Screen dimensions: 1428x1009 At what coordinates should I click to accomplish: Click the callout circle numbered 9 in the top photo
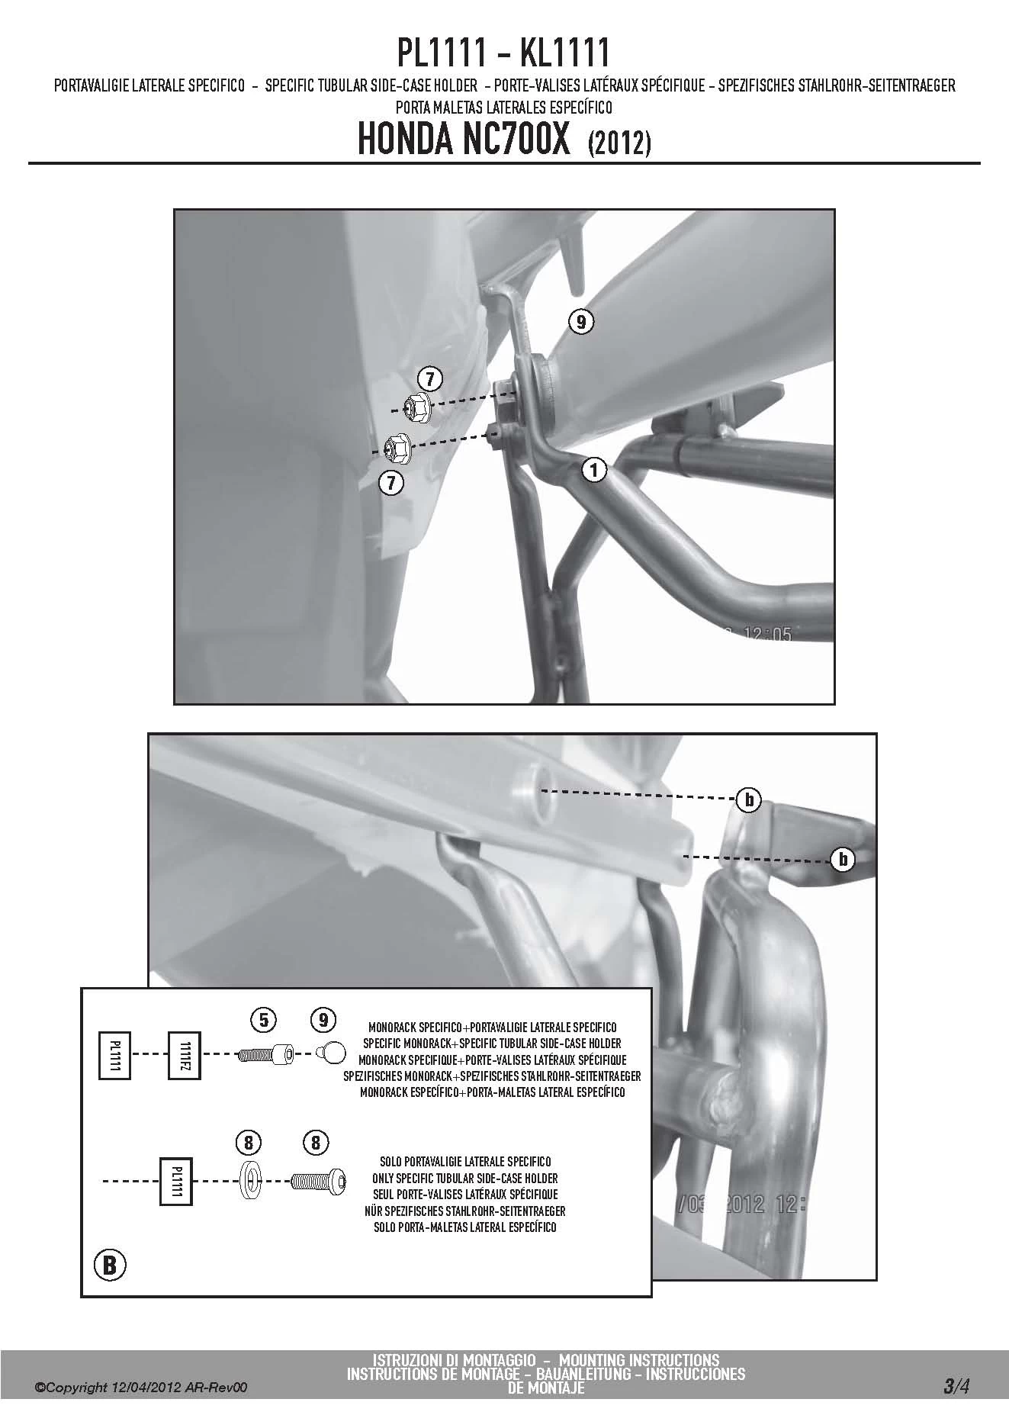pos(581,322)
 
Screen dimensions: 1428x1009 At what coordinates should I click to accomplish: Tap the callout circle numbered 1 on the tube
pos(594,471)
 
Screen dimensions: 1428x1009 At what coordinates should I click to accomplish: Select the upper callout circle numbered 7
pos(429,378)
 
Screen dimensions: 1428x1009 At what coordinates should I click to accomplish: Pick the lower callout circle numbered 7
pos(391,482)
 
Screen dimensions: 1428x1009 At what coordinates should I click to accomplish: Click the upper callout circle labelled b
pos(749,799)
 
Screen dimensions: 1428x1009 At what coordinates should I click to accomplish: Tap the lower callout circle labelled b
pos(843,860)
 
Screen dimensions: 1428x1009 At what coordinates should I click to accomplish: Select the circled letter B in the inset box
pos(109,1266)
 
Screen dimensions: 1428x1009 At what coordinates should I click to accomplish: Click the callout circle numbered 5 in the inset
pos(264,1018)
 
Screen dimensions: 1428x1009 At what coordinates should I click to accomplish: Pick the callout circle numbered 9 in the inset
pos(323,1018)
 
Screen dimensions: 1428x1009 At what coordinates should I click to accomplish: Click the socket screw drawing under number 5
pos(266,1053)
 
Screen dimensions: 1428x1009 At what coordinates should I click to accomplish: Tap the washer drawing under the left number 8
pos(249,1182)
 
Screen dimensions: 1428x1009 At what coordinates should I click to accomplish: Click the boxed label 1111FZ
pos(184,1055)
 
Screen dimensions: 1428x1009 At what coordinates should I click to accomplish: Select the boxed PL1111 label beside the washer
pos(175,1182)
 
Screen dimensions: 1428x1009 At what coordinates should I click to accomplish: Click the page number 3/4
pos(956,1387)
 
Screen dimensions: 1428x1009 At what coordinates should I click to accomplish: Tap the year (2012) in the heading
pos(619,144)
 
